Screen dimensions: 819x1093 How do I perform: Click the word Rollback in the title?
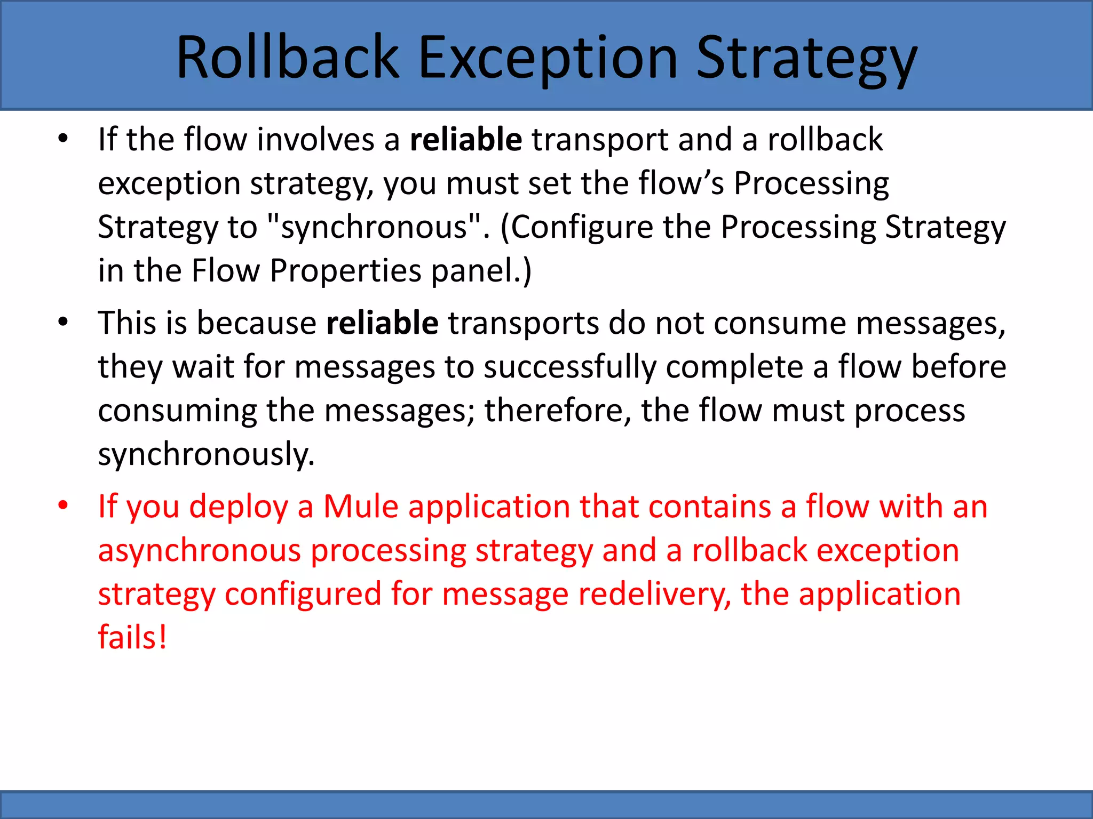[x=288, y=58]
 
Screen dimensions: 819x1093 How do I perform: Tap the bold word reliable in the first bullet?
[x=466, y=140]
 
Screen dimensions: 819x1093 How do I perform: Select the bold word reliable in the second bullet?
[x=382, y=323]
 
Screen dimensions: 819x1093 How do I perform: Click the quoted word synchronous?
[x=374, y=227]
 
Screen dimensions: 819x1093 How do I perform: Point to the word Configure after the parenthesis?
[x=582, y=227]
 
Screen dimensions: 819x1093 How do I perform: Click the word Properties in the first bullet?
[x=345, y=271]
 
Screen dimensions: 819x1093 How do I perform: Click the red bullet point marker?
[x=64, y=505]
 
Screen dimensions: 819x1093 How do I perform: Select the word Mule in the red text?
[x=361, y=507]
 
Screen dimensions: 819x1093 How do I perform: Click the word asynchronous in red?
[x=199, y=550]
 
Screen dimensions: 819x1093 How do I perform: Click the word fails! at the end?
[x=132, y=638]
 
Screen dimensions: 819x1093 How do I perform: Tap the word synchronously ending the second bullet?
[x=206, y=454]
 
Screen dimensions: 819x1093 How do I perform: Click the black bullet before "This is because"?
[x=64, y=322]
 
